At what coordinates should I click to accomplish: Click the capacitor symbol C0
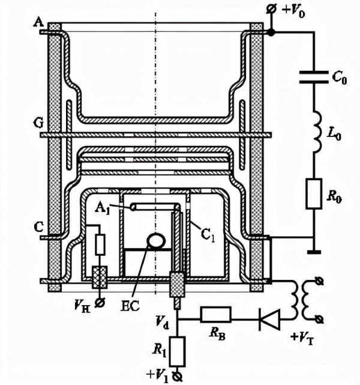tap(314, 77)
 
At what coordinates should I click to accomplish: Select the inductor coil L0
tap(316, 132)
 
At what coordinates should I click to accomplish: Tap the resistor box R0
tap(314, 194)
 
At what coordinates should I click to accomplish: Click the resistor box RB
tap(216, 314)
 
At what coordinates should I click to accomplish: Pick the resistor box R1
tap(177, 351)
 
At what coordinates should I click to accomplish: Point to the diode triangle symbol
tap(269, 320)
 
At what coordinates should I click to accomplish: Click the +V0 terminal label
tap(293, 11)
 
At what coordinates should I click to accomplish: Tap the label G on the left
tap(38, 123)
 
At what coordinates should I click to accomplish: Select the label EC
tap(130, 306)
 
